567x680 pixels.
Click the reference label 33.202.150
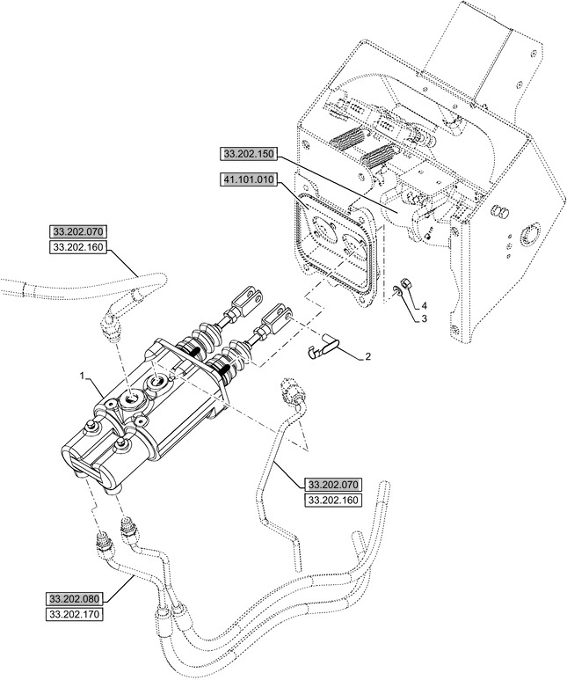[249, 155]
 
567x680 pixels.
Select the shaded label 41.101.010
[249, 181]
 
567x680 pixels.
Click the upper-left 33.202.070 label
[77, 232]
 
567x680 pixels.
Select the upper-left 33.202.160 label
[77, 248]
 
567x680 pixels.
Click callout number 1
[83, 377]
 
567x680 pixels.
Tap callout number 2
[367, 358]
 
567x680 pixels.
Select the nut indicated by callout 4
[407, 285]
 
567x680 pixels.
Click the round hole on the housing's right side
[530, 235]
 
